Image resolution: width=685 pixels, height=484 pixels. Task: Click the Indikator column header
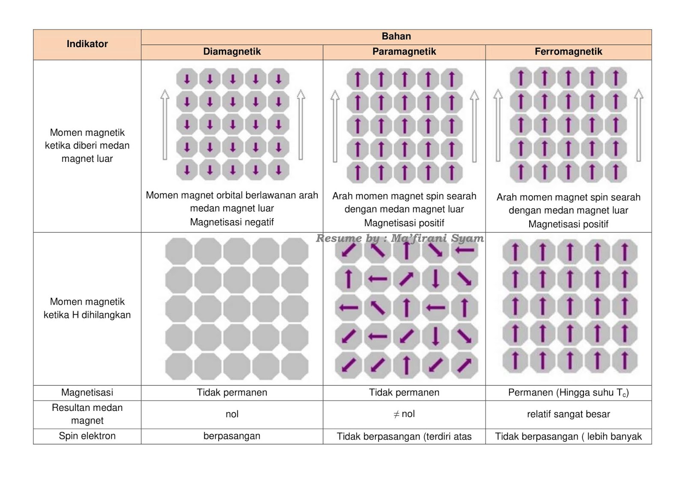(87, 44)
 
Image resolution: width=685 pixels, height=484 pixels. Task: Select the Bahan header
(396, 36)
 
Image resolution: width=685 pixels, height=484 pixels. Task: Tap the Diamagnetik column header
(232, 52)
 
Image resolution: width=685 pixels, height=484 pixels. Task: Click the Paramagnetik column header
(404, 52)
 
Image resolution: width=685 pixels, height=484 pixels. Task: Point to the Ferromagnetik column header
(568, 52)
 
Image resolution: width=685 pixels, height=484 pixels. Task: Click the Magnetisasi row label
(87, 392)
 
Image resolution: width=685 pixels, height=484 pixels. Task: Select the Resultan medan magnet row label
(87, 414)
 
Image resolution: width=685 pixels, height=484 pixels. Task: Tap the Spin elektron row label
(87, 436)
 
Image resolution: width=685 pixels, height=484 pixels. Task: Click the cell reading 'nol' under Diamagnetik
(232, 414)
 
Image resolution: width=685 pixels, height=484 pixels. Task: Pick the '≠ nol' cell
(404, 414)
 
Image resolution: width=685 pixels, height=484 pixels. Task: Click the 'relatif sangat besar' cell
(568, 414)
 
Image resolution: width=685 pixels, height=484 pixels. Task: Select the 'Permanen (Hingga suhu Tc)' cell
(568, 392)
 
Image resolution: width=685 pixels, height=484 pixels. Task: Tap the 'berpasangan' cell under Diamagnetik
(232, 436)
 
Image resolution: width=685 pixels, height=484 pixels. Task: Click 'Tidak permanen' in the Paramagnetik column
(404, 392)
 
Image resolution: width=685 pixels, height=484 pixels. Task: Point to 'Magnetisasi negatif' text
(232, 222)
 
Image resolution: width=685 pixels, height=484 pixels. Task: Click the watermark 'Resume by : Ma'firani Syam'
(400, 238)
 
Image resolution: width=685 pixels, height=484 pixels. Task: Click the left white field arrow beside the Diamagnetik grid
(165, 125)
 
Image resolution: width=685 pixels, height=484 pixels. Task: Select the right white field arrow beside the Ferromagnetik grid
(638, 125)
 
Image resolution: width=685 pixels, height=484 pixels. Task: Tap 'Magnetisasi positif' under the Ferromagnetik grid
(568, 224)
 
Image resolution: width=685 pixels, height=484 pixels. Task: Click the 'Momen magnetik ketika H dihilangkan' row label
(87, 308)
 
